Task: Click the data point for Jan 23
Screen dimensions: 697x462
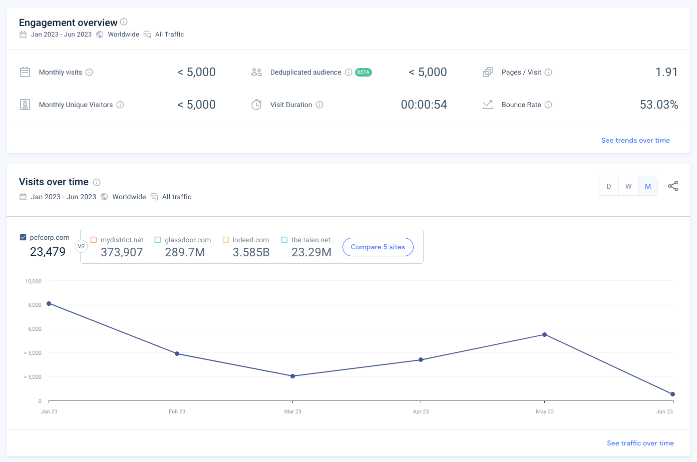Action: (49, 304)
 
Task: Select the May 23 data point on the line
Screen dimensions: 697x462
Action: (545, 335)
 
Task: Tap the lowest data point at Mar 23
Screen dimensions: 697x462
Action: (293, 376)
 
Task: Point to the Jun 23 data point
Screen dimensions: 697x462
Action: (673, 394)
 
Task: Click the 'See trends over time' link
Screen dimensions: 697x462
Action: (635, 140)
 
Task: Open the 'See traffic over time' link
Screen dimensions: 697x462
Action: (640, 443)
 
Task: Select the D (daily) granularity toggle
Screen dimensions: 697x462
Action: (609, 186)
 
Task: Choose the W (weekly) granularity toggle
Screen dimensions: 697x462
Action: (628, 186)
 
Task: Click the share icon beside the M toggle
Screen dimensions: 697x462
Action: (673, 186)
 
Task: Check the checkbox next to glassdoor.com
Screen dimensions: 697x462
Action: (158, 240)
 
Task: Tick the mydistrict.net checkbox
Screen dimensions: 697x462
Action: (94, 240)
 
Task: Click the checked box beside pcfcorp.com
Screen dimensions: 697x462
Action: (23, 237)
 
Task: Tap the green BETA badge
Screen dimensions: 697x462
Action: (363, 72)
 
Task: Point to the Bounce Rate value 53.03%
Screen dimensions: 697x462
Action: (659, 105)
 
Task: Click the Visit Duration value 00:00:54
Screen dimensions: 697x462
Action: (424, 105)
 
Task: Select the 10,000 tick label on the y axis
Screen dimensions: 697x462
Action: (33, 281)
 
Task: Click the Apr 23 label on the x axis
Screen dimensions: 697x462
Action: (421, 411)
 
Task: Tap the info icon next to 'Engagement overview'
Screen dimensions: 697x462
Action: (124, 22)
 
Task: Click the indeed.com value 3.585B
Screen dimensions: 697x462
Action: (251, 252)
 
